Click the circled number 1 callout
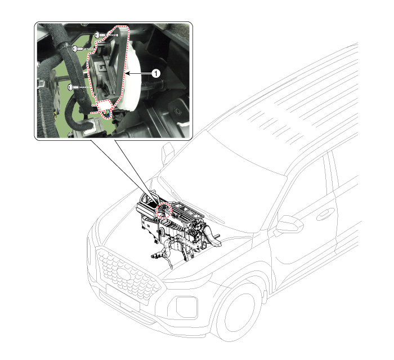(157, 73)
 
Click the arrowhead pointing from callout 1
(127, 73)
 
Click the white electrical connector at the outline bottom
(105, 105)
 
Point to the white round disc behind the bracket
(135, 79)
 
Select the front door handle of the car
(324, 214)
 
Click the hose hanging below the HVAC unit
(160, 254)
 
